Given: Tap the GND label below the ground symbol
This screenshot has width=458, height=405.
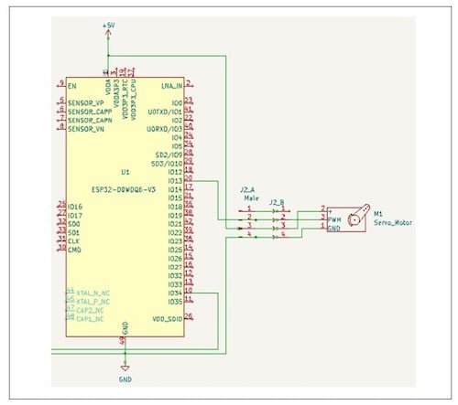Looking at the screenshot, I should point(125,378).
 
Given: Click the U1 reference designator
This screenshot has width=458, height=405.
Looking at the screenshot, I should point(125,172).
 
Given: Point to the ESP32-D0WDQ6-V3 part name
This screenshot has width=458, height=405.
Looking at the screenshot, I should point(125,190).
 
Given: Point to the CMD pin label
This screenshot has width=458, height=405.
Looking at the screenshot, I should point(74,250).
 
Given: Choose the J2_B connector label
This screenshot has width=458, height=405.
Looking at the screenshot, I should point(276,200).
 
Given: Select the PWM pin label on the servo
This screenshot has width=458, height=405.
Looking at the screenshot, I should point(335,219).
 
